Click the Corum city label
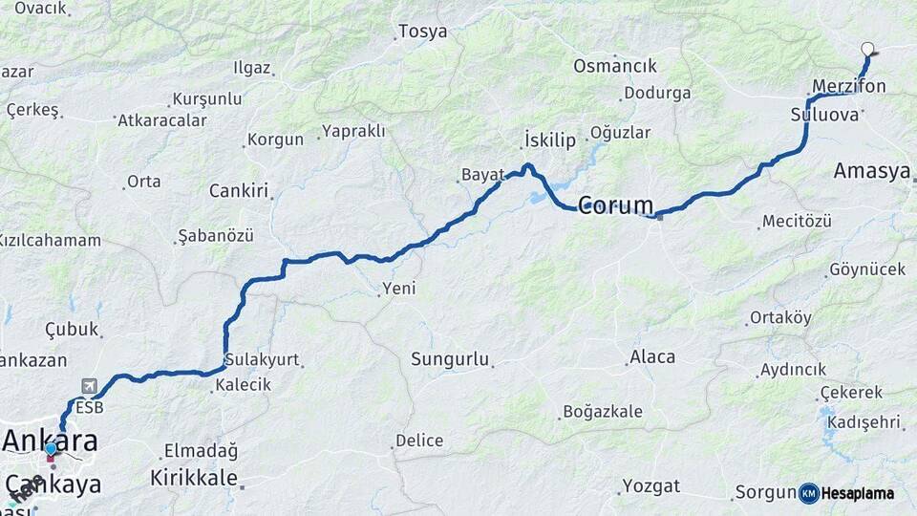point(616,205)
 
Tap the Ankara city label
point(51,441)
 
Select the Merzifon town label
point(848,86)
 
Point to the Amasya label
point(871,171)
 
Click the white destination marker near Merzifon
point(867,49)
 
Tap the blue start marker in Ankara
point(51,449)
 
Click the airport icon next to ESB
point(89,386)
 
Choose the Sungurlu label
point(450,360)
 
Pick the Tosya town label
point(422,32)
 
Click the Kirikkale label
point(194,477)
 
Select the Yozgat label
point(651,485)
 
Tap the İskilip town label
point(550,140)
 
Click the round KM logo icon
point(808,493)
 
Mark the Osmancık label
point(615,66)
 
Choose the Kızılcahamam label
point(50,240)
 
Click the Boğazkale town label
point(603,412)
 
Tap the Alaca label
point(653,357)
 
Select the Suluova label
point(825,115)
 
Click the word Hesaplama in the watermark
point(858,494)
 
